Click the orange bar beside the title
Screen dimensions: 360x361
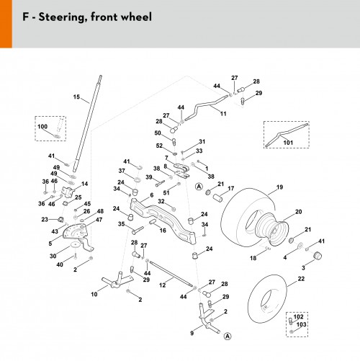[6, 24]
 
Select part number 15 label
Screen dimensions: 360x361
[76, 97]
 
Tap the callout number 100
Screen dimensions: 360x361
[42, 126]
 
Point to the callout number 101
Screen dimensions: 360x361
[288, 143]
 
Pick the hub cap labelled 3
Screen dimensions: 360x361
[318, 256]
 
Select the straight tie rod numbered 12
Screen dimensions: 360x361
[171, 274]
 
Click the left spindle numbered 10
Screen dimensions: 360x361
[117, 280]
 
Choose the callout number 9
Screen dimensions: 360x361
[192, 333]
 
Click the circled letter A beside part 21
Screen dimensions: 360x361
[199, 187]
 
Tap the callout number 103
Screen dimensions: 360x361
[301, 325]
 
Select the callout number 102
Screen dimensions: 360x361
[298, 317]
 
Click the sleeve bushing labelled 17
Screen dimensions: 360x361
[217, 198]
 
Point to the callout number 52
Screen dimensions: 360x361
[159, 146]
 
